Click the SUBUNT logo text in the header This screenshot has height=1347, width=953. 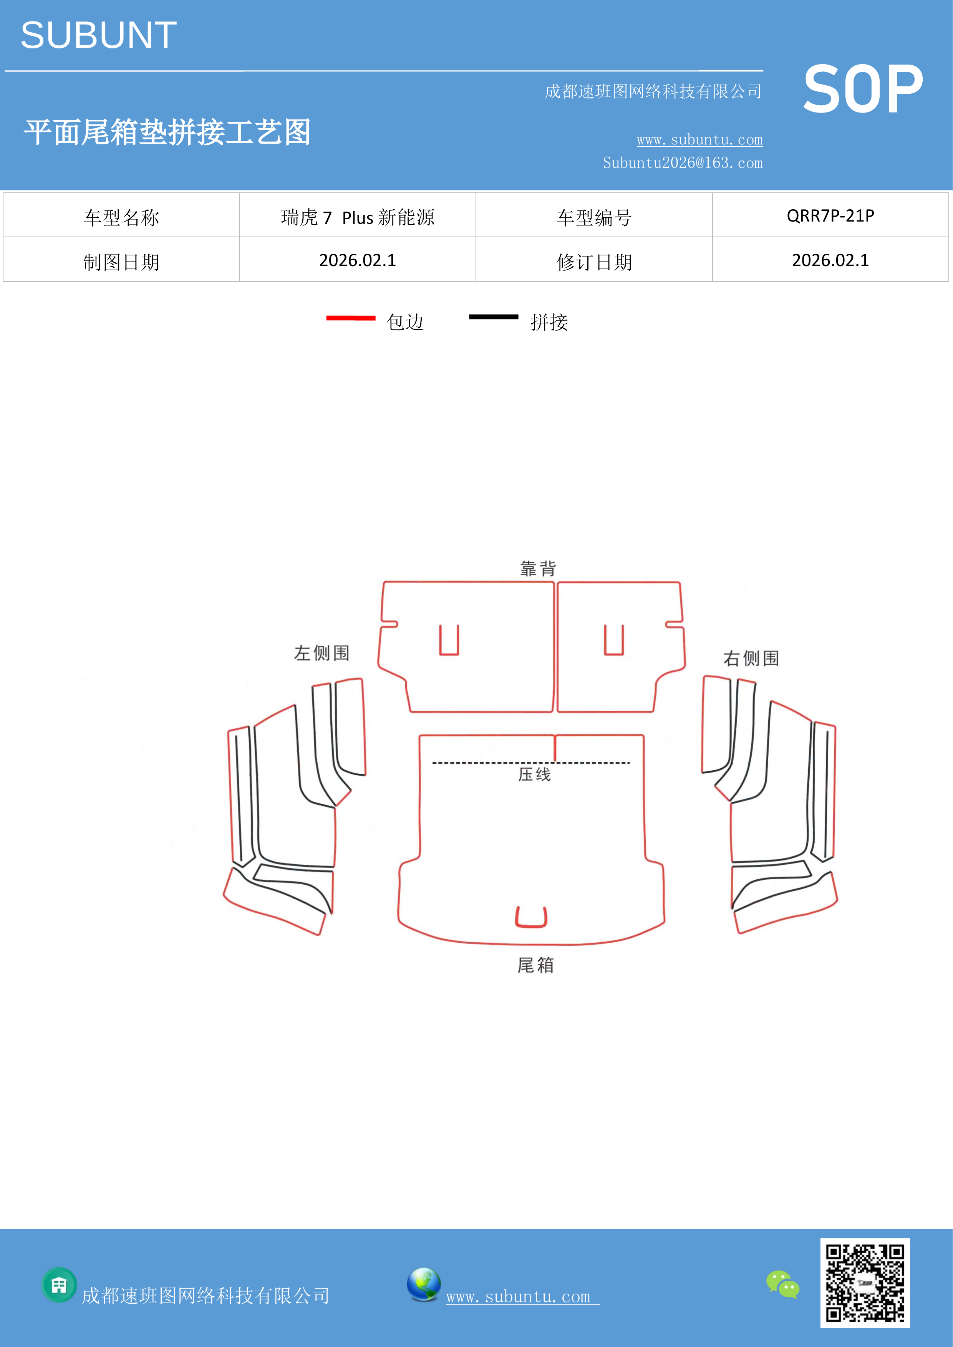99,35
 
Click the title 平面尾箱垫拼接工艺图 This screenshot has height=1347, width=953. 167,132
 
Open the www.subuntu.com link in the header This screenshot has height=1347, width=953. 699,140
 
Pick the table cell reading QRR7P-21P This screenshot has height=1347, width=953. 830,216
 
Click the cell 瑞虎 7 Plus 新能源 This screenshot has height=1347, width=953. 357,217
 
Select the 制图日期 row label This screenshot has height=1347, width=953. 121,261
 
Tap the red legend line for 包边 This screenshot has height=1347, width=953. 351,318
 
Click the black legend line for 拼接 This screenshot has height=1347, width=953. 494,317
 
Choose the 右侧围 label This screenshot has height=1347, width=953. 751,658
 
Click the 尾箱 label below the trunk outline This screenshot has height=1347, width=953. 535,965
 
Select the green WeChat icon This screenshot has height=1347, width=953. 783,1284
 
